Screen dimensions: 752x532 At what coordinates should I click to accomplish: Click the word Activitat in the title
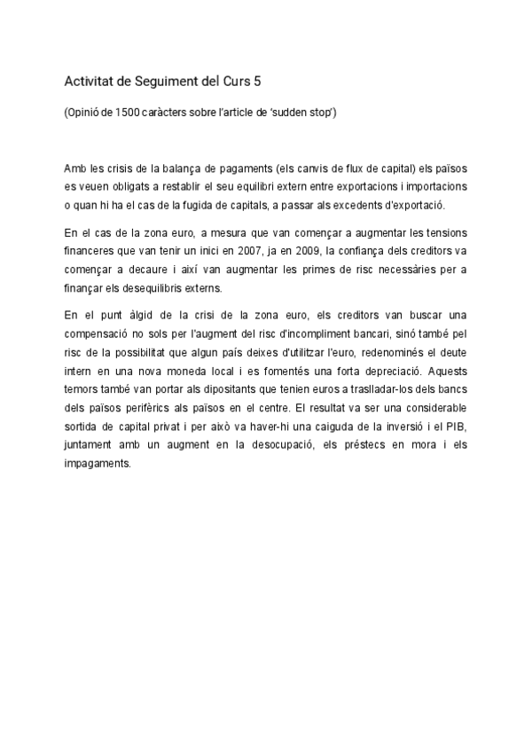click(90, 82)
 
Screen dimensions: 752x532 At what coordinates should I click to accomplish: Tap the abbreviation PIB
click(455, 426)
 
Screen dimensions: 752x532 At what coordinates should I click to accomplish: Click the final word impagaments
click(98, 462)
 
